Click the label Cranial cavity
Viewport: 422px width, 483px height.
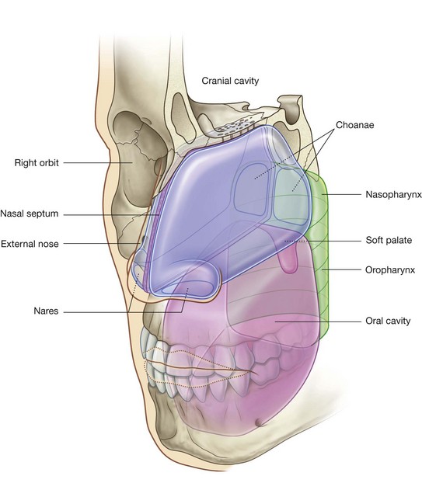point(230,80)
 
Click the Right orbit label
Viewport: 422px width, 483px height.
point(37,163)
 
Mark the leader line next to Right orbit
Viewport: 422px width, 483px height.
point(101,163)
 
